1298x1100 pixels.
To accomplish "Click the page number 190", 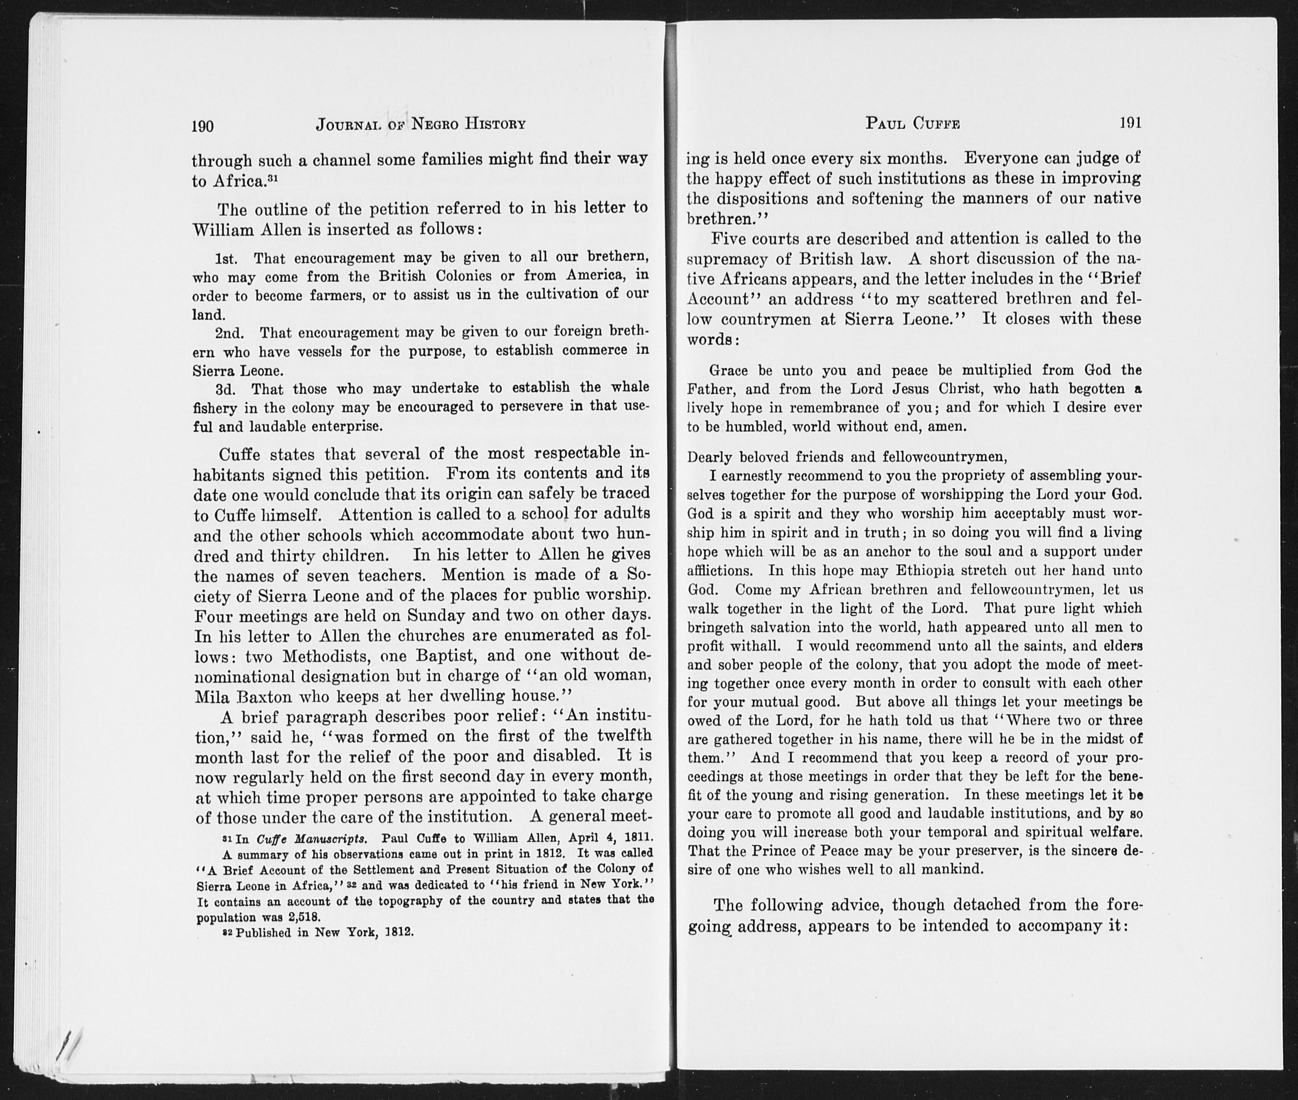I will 202,125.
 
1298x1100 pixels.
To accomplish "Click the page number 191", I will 1130,122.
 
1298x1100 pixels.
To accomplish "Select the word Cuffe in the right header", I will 936,123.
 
